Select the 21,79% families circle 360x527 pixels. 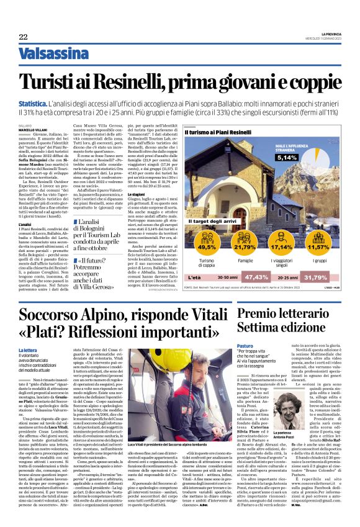click(x=228, y=246)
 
